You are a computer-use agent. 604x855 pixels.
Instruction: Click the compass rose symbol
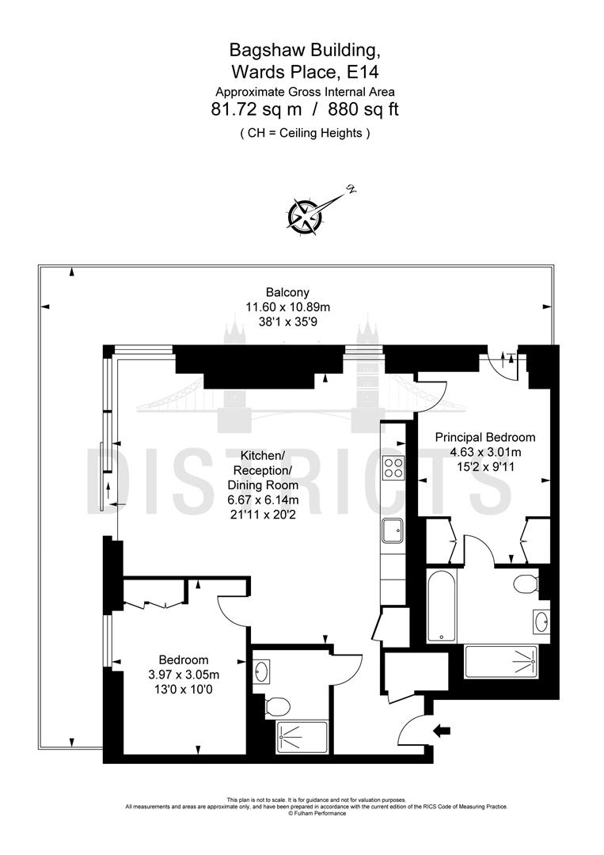[x=304, y=215]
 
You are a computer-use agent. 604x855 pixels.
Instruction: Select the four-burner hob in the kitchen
[x=393, y=468]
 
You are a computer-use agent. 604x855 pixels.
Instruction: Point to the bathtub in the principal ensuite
[x=442, y=606]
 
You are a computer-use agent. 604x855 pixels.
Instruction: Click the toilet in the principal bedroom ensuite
[x=525, y=585]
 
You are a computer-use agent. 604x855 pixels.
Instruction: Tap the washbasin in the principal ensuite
[x=541, y=622]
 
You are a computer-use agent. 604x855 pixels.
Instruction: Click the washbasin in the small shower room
[x=264, y=673]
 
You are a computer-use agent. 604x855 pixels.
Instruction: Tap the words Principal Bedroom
[x=484, y=437]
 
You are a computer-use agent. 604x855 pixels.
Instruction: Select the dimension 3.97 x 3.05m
[x=184, y=674]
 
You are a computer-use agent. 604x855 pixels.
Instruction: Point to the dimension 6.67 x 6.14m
[x=263, y=500]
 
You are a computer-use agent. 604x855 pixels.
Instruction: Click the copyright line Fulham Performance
[x=317, y=813]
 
